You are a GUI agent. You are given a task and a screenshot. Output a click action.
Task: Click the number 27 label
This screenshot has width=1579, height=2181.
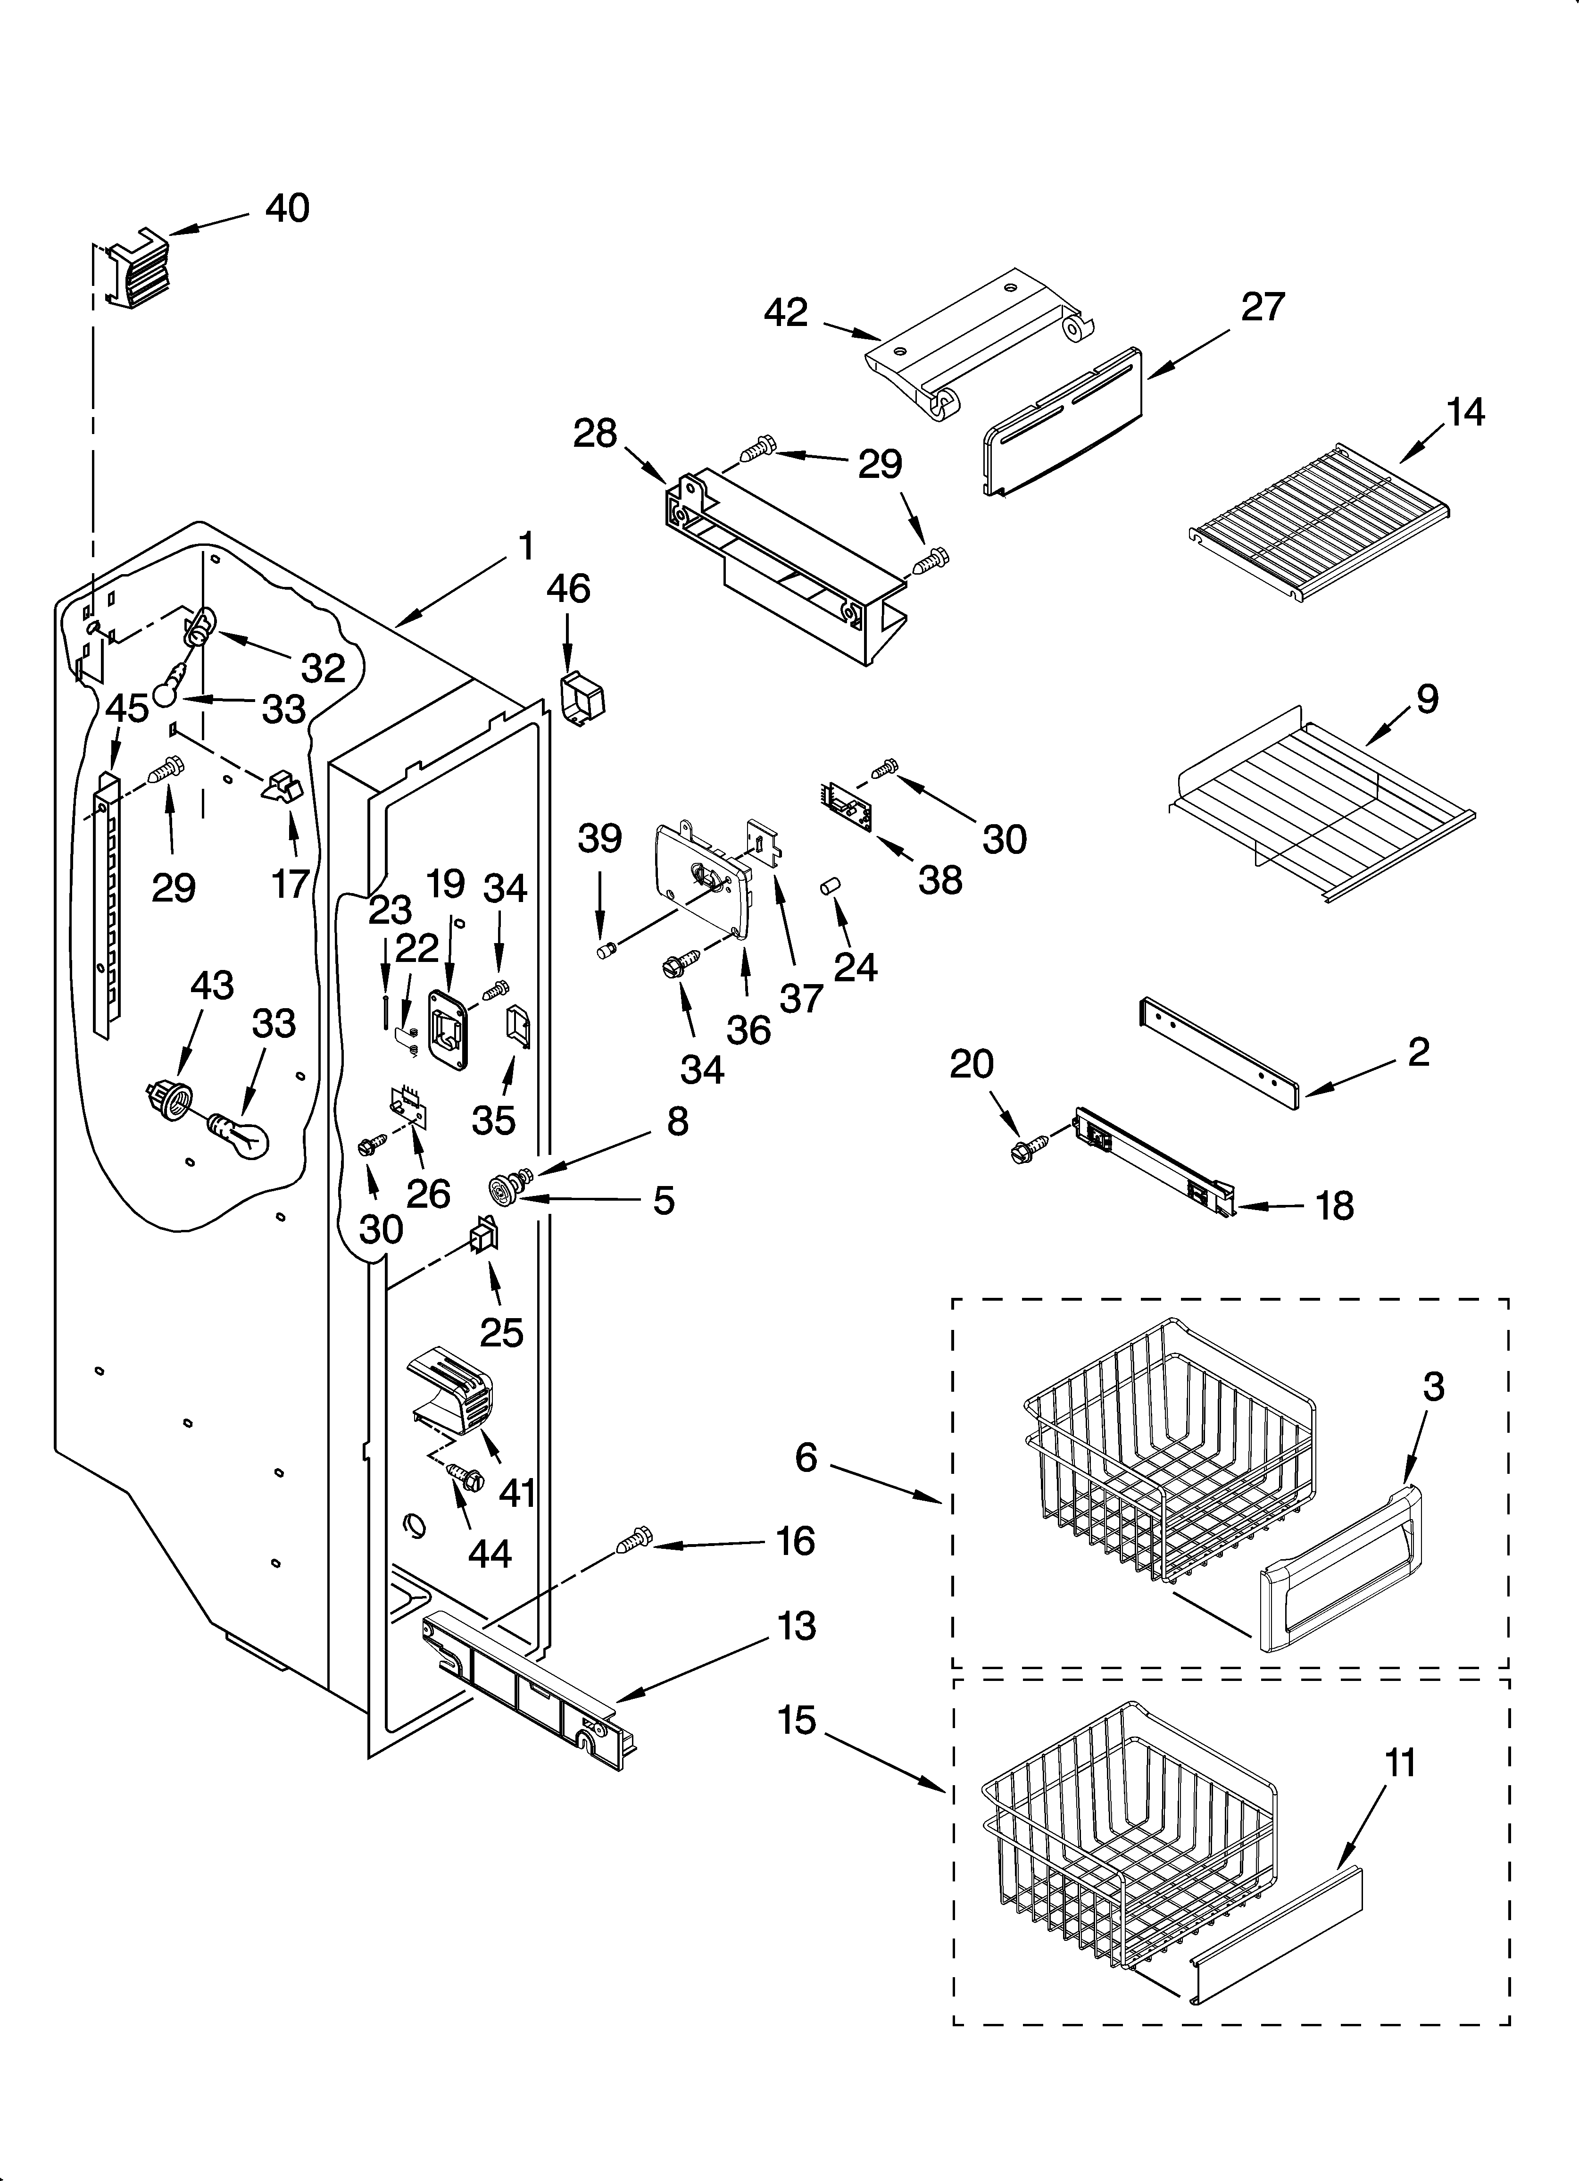[1263, 307]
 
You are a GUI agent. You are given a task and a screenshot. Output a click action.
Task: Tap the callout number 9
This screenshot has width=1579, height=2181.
[1427, 699]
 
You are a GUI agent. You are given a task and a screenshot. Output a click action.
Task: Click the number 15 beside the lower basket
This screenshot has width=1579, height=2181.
[797, 1721]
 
